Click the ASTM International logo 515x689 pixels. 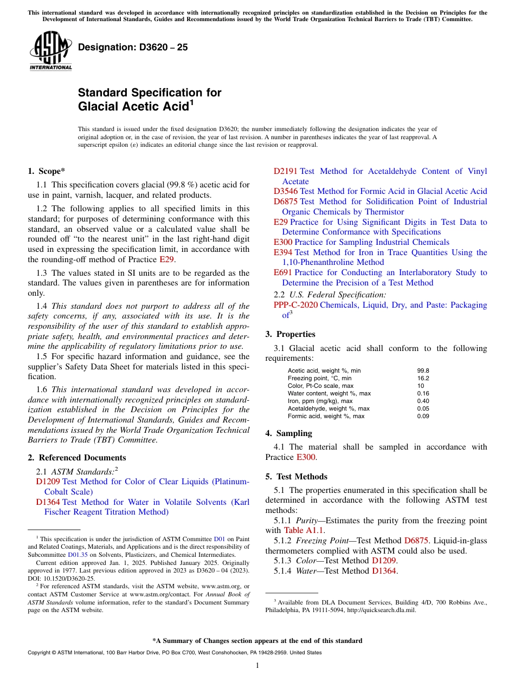50,51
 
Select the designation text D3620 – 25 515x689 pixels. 133,47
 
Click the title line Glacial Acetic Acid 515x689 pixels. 136,107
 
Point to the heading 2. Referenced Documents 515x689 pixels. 77,458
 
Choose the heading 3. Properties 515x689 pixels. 290,334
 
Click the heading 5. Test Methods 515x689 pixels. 296,477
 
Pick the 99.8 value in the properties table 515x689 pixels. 423,370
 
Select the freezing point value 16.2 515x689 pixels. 423,378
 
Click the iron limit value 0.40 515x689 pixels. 423,401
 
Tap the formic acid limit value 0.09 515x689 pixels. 423,416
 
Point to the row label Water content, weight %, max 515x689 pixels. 329,393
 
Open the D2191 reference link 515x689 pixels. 285,171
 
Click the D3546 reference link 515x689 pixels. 285,191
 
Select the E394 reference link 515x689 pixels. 283,252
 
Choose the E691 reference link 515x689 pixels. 283,272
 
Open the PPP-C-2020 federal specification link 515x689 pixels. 295,305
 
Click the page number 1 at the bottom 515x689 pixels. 257,665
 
